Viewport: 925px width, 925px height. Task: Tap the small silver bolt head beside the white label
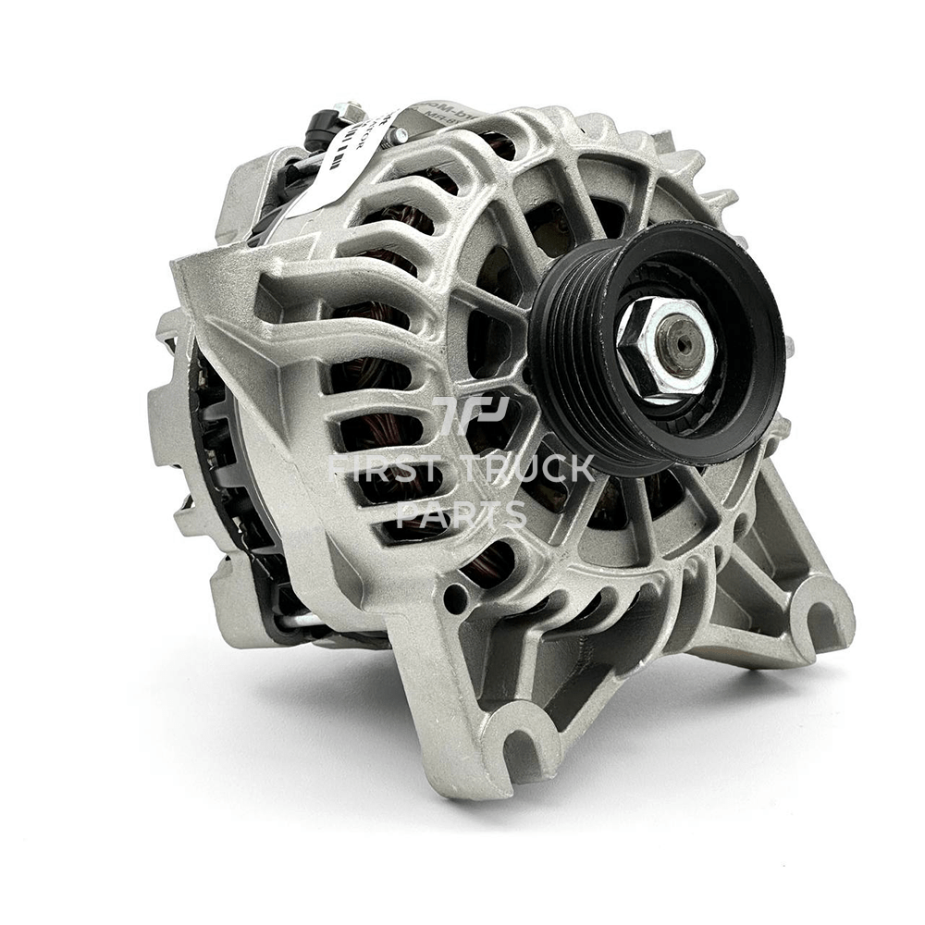pyautogui.click(x=398, y=136)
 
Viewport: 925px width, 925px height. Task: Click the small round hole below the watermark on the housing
pyautogui.click(x=454, y=598)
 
